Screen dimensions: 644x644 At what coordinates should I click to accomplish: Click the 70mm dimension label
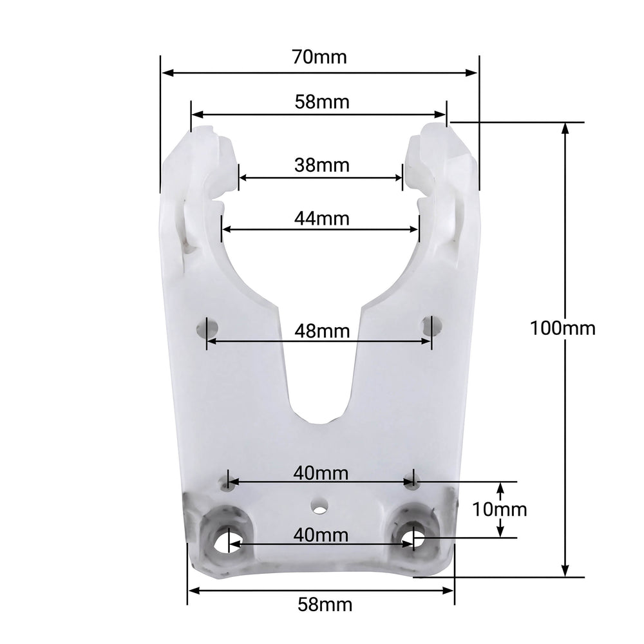pyautogui.click(x=319, y=57)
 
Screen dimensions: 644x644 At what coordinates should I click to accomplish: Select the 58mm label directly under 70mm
pyautogui.click(x=319, y=101)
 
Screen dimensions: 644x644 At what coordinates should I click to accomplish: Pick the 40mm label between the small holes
pyautogui.click(x=320, y=473)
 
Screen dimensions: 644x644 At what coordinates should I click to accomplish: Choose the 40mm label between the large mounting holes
pyautogui.click(x=320, y=535)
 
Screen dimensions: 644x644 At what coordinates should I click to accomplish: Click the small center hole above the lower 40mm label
pyautogui.click(x=318, y=507)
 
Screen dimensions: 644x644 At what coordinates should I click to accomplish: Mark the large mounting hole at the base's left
pyautogui.click(x=225, y=540)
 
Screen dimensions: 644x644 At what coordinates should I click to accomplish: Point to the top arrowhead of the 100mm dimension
pyautogui.click(x=565, y=127)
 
